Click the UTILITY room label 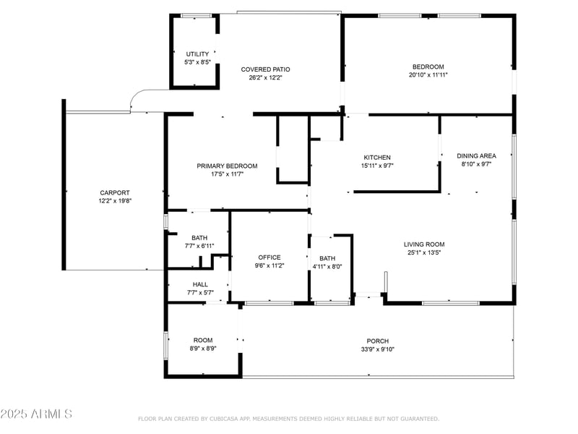tap(197, 54)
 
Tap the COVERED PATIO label tap(265, 69)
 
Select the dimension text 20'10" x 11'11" tap(428, 75)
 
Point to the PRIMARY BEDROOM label tap(227, 166)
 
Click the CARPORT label tap(115, 192)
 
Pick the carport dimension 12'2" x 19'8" tap(115, 201)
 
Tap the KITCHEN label tap(377, 158)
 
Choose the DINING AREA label tap(476, 156)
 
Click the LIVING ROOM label tap(424, 244)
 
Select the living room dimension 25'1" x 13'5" tap(424, 252)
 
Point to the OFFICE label tap(269, 258)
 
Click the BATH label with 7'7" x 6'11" tap(199, 238)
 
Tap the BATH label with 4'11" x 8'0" tap(327, 259)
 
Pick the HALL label tap(200, 284)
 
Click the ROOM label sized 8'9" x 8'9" tap(203, 340)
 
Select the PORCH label tap(377, 341)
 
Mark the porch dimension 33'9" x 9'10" tap(377, 349)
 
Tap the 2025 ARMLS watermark tap(36, 414)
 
